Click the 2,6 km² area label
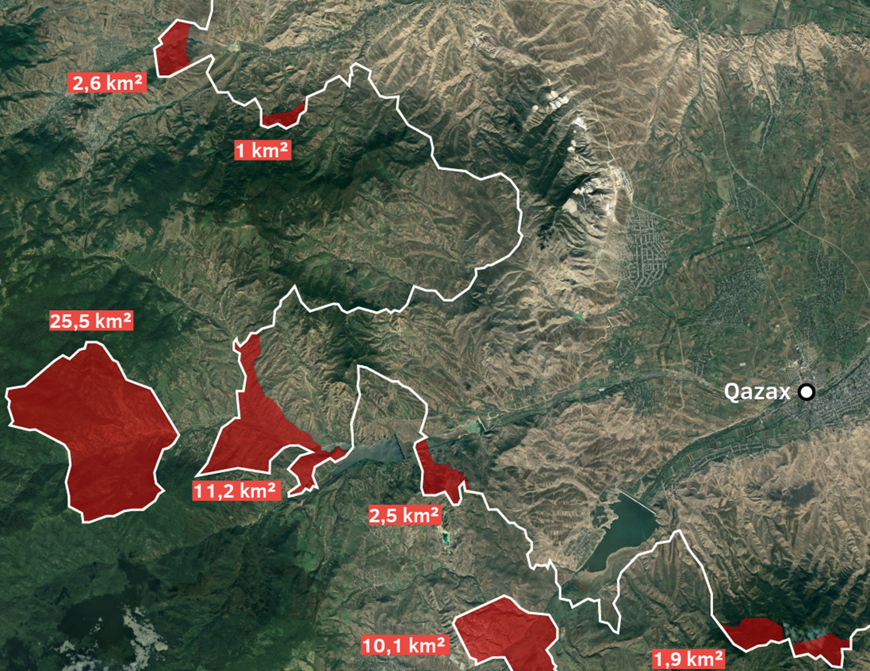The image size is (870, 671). pyautogui.click(x=107, y=83)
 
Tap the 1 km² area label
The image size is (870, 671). pyautogui.click(x=263, y=150)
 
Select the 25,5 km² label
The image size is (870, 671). pyautogui.click(x=91, y=321)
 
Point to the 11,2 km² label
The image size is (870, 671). pyautogui.click(x=236, y=491)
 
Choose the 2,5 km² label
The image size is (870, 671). pyautogui.click(x=404, y=515)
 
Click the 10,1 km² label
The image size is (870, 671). pyautogui.click(x=405, y=645)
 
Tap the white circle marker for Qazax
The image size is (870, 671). pyautogui.click(x=806, y=392)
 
